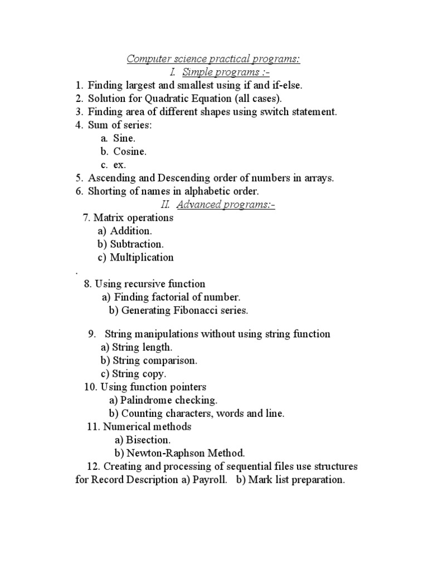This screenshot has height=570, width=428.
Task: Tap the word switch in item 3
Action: [x=270, y=112]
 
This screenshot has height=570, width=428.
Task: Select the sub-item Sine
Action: [x=124, y=139]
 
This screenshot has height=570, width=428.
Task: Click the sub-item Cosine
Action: [x=130, y=151]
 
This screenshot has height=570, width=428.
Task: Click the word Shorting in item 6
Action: [x=106, y=191]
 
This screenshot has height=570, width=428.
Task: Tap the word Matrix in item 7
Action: [x=106, y=218]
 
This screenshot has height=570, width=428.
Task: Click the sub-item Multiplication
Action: [x=142, y=258]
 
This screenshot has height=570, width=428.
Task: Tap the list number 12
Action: [x=93, y=466]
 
